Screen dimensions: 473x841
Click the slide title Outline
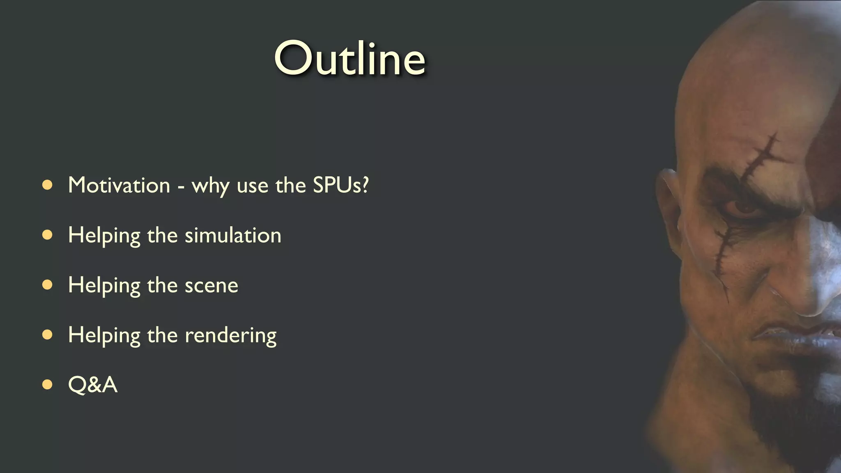349,59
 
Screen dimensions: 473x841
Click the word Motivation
119,185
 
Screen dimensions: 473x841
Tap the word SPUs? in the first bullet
341,185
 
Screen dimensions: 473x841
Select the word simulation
233,235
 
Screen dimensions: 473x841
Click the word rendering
230,335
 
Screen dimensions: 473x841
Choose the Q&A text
93,385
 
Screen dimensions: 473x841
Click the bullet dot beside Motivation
48,185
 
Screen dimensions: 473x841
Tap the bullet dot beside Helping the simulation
48,235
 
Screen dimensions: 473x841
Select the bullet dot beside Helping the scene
48,285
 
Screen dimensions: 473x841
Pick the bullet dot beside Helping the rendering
48,335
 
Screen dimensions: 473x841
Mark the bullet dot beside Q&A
48,385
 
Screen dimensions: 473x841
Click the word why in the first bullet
210,186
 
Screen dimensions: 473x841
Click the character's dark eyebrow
735,181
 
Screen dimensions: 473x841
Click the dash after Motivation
181,187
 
